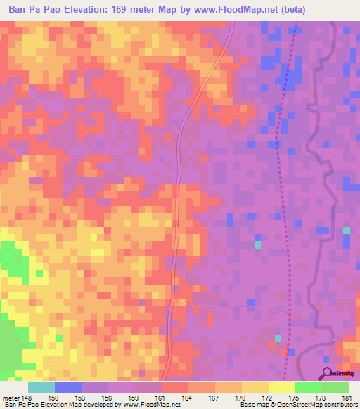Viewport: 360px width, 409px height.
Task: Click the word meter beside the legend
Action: [11, 398]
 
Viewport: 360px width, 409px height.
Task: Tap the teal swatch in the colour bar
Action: [41, 387]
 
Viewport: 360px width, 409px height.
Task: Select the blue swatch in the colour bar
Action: [68, 387]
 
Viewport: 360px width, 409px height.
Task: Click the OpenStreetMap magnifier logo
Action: [328, 372]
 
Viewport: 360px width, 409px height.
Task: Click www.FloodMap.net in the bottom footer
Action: [150, 405]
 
